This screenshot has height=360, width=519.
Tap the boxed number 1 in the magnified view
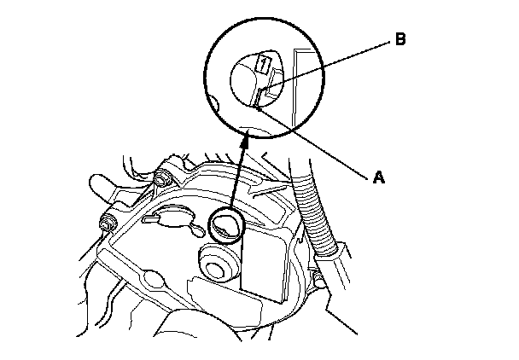265,62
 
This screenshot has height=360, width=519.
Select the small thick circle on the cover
227,226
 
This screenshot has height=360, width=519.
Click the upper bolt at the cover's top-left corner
160,179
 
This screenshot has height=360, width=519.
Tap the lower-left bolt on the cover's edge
107,224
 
